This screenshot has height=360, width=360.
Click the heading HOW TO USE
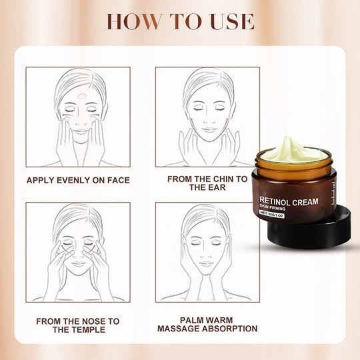point(180,21)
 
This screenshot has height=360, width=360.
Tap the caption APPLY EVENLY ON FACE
point(78,180)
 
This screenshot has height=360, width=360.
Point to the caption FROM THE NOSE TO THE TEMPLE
point(78,325)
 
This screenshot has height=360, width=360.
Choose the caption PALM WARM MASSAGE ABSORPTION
point(207,325)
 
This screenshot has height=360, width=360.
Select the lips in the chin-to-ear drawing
point(207,132)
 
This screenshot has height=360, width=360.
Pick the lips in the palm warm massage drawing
point(207,264)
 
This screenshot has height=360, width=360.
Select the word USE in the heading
point(227,21)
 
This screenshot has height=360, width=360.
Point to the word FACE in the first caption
point(118,180)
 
